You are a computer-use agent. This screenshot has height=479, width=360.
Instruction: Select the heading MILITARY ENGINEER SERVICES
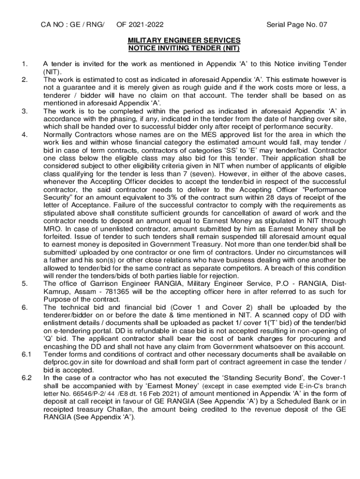click(184, 41)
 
